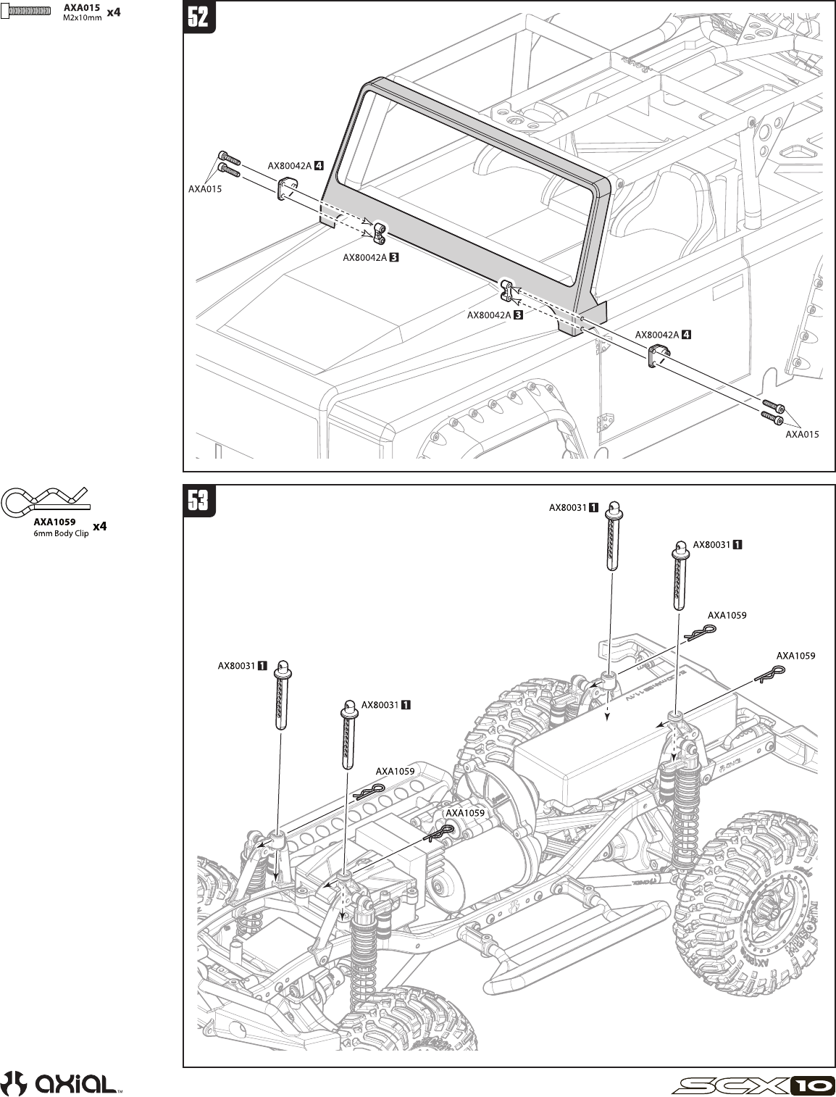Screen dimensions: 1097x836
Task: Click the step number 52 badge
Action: point(198,17)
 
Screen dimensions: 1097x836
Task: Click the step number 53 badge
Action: point(198,501)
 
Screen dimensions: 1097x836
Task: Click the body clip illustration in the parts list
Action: point(43,500)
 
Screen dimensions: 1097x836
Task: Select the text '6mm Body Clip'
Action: point(61,533)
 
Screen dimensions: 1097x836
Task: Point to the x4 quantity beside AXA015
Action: point(114,12)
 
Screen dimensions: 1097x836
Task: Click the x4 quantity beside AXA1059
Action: point(100,527)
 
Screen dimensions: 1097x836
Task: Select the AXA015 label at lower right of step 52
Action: point(803,435)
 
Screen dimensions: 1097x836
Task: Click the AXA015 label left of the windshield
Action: point(204,189)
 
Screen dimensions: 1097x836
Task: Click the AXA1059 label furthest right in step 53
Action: point(795,656)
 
